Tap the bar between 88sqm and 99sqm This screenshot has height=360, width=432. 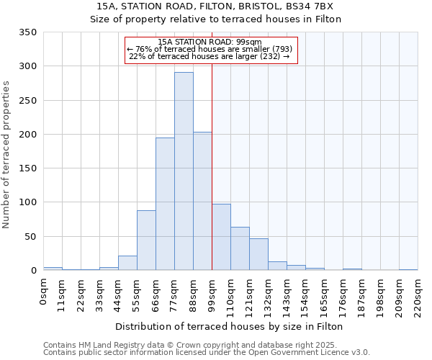(x=202, y=201)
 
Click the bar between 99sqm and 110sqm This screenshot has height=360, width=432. (x=221, y=237)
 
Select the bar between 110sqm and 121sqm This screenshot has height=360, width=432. (x=240, y=248)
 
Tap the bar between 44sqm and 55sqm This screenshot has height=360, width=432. (x=127, y=263)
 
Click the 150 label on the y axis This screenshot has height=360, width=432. (x=28, y=168)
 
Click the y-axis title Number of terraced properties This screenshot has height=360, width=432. (x=6, y=155)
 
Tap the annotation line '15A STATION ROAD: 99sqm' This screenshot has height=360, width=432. (x=210, y=42)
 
